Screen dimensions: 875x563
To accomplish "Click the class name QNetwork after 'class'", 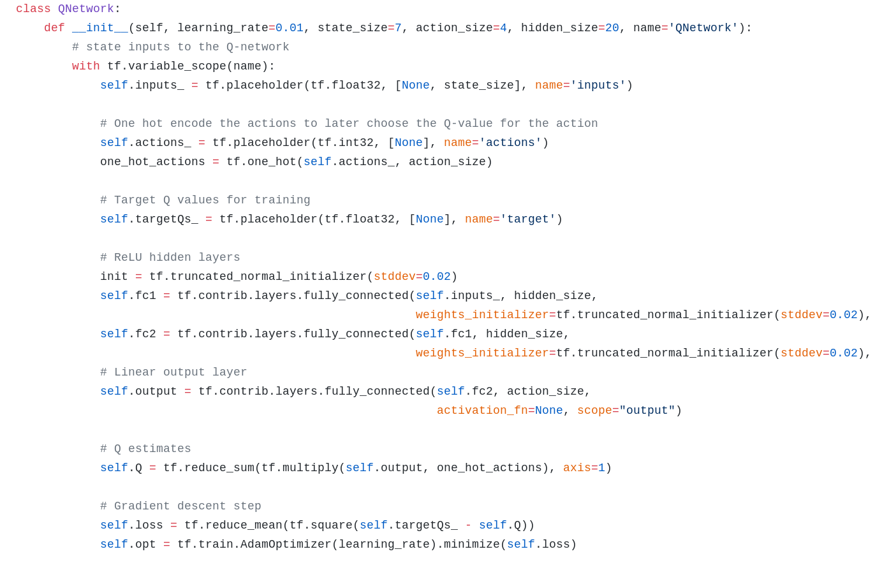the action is tap(85, 9).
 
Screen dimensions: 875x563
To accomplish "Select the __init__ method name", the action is tap(99, 28).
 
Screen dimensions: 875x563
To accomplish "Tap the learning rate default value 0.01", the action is tap(290, 28).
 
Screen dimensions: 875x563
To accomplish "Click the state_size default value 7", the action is tap(398, 28).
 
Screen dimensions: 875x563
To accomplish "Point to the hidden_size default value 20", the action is tap(612, 28).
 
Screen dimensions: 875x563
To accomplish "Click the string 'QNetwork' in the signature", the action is tap(703, 28).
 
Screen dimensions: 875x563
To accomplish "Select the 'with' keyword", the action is tap(85, 66).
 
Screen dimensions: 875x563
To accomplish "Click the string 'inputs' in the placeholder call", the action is tap(598, 85).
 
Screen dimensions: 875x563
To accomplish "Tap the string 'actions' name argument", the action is tap(510, 143).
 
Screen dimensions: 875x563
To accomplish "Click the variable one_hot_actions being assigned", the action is tap(152, 162).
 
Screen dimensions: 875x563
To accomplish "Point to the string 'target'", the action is tap(527, 219).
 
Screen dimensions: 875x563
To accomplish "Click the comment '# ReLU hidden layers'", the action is tap(170, 258).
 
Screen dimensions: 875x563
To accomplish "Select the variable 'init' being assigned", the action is tap(114, 277).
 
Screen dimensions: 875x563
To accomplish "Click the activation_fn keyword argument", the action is tap(482, 411).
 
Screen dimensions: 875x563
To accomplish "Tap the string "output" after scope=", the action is tap(647, 411).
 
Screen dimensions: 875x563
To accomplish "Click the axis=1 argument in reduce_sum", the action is tap(584, 468).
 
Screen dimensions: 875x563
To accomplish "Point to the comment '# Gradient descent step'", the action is tap(180, 506).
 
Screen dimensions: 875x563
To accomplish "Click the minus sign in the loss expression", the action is tap(468, 525).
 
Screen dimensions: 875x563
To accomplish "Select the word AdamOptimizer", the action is tap(286, 545).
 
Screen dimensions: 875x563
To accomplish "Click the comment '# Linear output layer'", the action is tap(173, 372).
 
